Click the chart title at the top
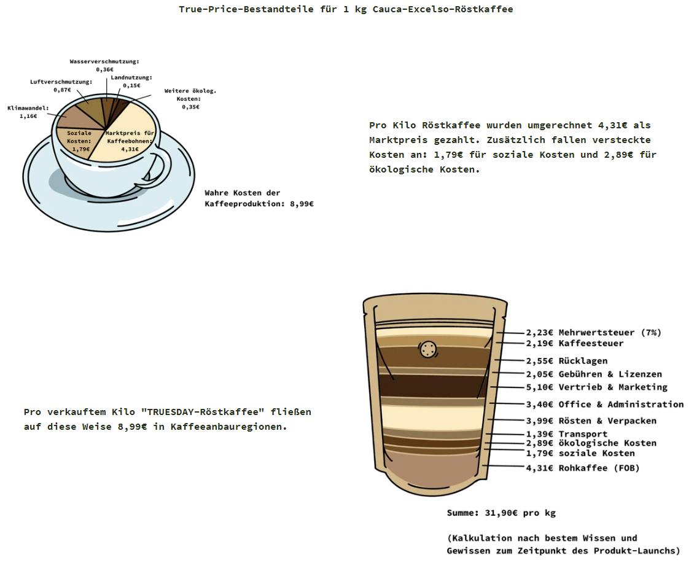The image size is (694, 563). coord(346,9)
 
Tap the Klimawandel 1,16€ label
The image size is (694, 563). coord(28,112)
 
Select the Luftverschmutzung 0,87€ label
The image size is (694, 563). coord(61,86)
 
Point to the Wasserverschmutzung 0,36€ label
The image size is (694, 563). coord(104,66)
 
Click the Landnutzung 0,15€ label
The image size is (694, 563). coord(131,82)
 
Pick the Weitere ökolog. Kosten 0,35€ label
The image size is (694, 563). coord(190,99)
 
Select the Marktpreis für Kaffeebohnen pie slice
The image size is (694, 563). coord(131,137)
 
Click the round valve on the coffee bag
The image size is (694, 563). coord(427,350)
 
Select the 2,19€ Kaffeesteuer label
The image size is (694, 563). coord(574,343)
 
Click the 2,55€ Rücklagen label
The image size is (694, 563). coord(566,361)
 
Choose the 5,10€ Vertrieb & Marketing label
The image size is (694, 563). coord(596,387)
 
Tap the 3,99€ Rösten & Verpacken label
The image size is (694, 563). coord(591,421)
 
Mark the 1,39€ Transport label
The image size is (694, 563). coord(566,434)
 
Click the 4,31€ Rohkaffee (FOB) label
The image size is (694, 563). coord(583,468)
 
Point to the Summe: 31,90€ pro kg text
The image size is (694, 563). coord(501,513)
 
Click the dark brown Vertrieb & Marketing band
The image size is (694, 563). coord(433,386)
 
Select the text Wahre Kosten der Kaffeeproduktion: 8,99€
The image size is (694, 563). coord(259,198)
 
